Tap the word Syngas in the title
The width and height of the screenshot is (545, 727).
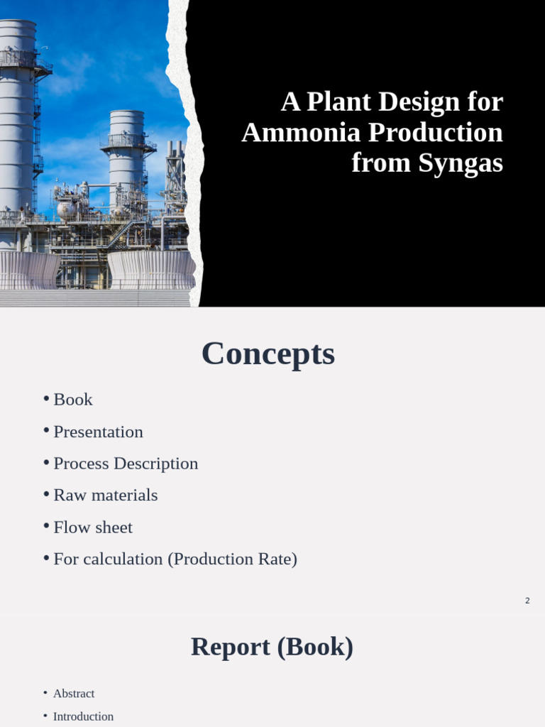pos(461,163)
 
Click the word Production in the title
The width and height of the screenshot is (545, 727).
pos(436,133)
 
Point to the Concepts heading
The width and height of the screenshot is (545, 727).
pos(268,354)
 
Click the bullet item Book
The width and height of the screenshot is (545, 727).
pos(73,400)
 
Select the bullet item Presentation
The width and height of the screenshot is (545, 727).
pos(98,432)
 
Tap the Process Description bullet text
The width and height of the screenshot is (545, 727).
pos(126,464)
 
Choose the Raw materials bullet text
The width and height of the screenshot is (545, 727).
pos(106,496)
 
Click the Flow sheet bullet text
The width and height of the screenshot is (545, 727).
pos(93,528)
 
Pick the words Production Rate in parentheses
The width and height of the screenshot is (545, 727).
pos(231,559)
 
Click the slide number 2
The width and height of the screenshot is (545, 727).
pos(527,601)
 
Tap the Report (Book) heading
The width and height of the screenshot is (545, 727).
pos(272,647)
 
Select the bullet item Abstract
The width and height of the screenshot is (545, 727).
pos(74,694)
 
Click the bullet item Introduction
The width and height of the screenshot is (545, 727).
pos(83,716)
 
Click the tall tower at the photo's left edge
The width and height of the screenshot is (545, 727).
pos(17,114)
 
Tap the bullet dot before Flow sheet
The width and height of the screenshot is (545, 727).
pos(46,526)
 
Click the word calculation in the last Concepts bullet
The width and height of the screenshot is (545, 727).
pos(123,559)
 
